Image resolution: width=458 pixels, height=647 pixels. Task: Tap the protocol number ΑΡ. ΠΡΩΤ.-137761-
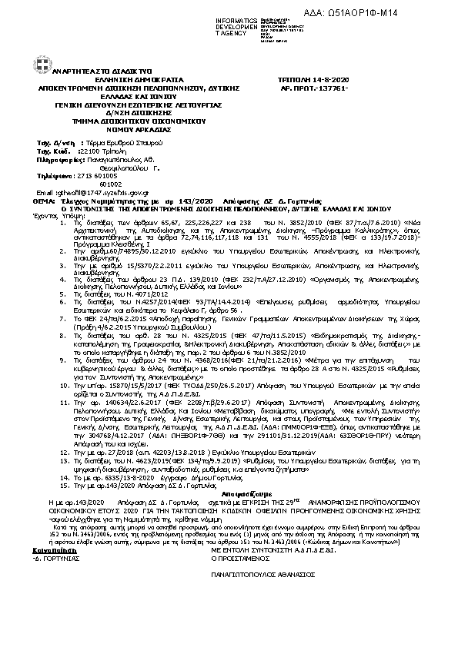pos(312,88)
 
